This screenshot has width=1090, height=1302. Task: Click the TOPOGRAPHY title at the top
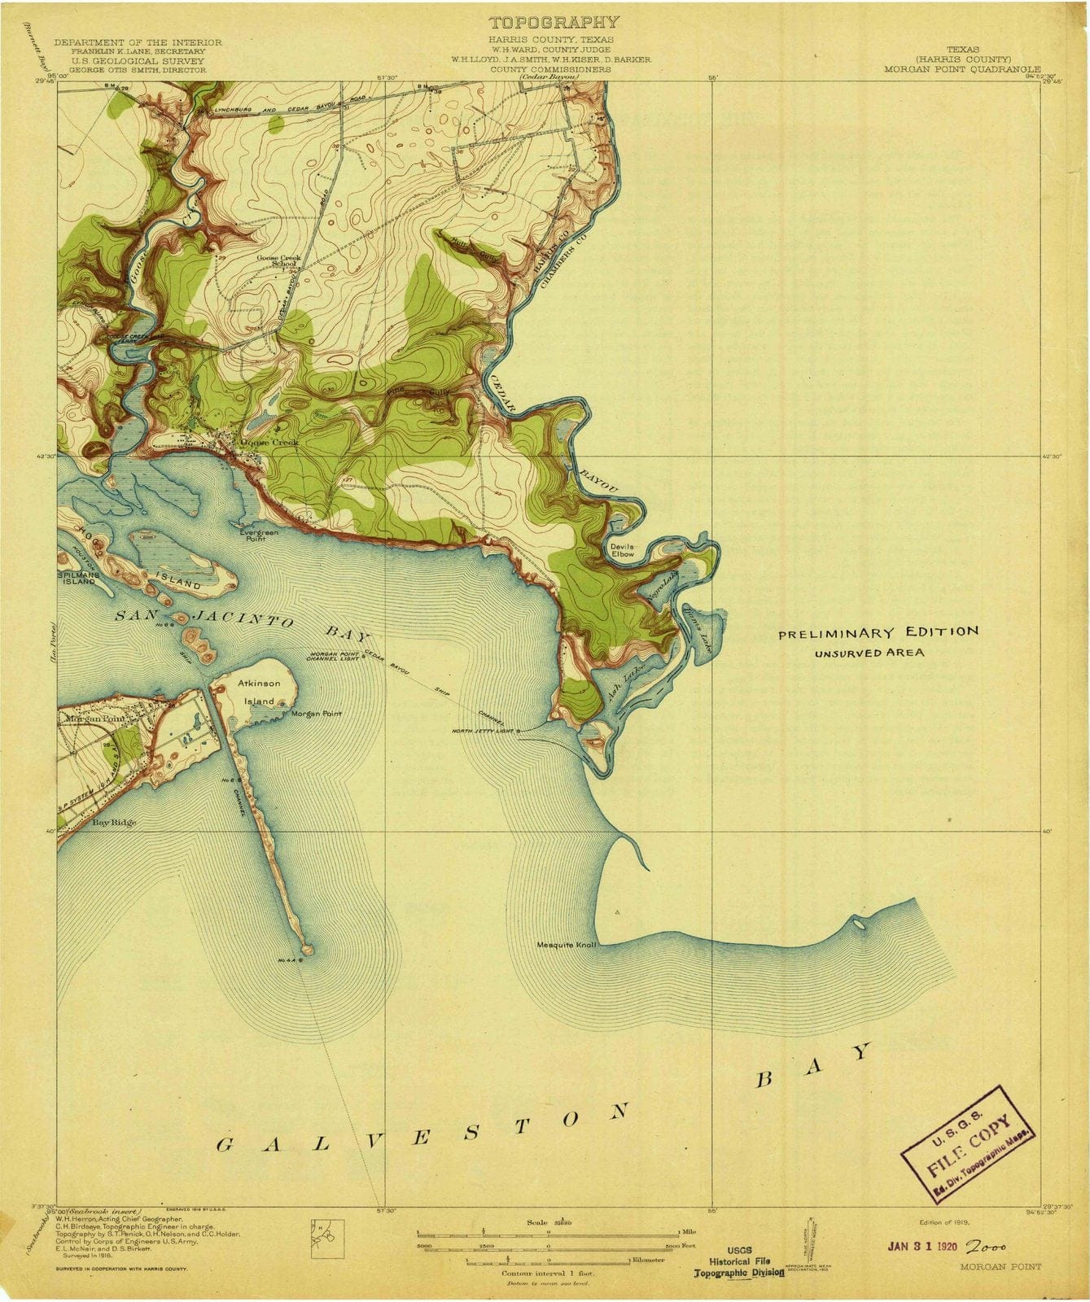(554, 22)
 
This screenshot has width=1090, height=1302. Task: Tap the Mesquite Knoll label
(567, 946)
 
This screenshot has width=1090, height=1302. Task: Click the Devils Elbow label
(621, 550)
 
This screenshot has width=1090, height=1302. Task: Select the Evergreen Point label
(258, 535)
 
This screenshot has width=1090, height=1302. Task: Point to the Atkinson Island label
(260, 693)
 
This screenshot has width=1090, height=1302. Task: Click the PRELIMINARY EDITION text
(878, 632)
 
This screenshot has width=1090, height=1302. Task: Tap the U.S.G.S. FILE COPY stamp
(968, 1152)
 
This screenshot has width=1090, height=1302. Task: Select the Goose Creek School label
(279, 261)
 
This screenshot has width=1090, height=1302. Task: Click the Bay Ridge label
(113, 823)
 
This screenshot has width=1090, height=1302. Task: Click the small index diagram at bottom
(327, 1236)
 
